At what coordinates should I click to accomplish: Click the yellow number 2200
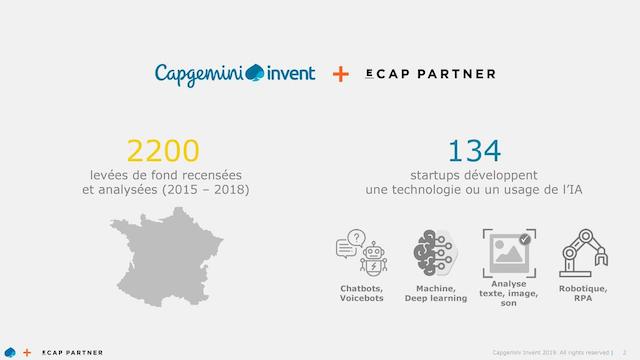pos(163,151)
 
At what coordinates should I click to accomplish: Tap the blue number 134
pos(474,151)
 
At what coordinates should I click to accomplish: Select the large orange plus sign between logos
pos(340,74)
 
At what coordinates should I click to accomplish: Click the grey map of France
pos(167,257)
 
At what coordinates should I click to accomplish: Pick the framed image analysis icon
pos(509,253)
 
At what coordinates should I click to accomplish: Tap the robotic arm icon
pos(584,253)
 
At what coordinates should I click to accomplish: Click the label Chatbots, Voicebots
pos(362,293)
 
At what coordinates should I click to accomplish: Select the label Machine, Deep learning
pos(436,293)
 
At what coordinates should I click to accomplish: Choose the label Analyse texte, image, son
pos(509,293)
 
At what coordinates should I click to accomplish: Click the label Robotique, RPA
pos(583,293)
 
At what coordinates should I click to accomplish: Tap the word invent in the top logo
pos(291,73)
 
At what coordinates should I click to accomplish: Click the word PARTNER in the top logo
pos(456,74)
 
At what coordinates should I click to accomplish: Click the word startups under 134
pos(436,176)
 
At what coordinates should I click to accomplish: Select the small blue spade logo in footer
pos(10,352)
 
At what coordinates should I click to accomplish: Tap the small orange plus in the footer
pos(27,352)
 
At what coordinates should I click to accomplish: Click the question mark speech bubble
pos(356,238)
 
